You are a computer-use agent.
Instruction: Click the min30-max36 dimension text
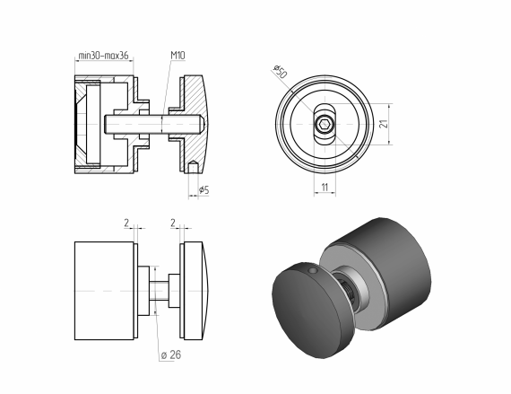[104, 56]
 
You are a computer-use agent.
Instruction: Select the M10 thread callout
[178, 56]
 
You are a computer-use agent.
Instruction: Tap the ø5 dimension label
[203, 190]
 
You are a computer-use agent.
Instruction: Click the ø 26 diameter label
[169, 355]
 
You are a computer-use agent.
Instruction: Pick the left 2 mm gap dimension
[128, 222]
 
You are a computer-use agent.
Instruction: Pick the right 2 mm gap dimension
[173, 222]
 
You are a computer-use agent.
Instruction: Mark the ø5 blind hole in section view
[195, 166]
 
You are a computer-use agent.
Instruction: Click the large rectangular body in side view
[104, 291]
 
